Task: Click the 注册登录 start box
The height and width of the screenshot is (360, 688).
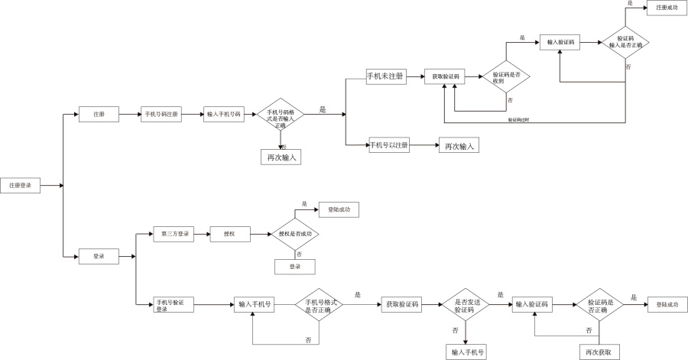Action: tap(21, 186)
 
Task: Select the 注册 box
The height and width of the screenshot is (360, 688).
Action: tap(99, 115)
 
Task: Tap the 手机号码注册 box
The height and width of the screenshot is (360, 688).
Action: tap(161, 115)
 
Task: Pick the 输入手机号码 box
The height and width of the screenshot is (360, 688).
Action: tap(223, 115)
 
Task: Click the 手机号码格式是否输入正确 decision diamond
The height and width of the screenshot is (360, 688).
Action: tap(280, 115)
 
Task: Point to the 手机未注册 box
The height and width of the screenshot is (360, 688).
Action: tap(386, 76)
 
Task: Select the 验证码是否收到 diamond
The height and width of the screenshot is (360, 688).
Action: tap(505, 76)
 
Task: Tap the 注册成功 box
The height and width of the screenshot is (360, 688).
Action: tap(667, 8)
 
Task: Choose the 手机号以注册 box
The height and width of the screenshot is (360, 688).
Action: tap(389, 144)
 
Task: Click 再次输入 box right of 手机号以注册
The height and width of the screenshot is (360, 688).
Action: tap(458, 147)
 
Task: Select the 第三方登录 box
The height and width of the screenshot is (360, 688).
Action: tap(174, 233)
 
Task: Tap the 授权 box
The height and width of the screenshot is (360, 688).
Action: tap(229, 233)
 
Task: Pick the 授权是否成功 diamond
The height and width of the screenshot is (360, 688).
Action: tap(294, 233)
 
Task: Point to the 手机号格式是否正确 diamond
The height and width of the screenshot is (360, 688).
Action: tap(318, 306)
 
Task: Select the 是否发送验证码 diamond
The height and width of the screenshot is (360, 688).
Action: tap(465, 306)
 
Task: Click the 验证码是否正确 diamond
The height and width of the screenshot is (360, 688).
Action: tap(601, 306)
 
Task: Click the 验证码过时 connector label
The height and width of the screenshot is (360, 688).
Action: tap(520, 120)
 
